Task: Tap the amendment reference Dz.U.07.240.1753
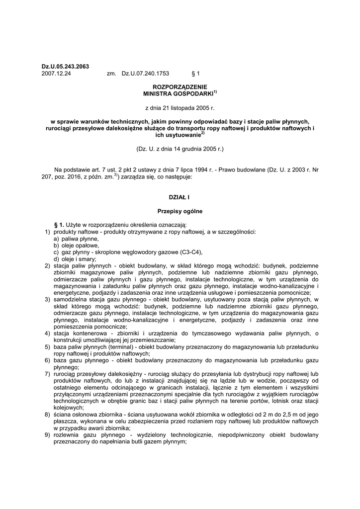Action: click(x=142, y=73)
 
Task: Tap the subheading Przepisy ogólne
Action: click(x=180, y=211)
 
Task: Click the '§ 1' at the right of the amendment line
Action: click(x=195, y=73)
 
